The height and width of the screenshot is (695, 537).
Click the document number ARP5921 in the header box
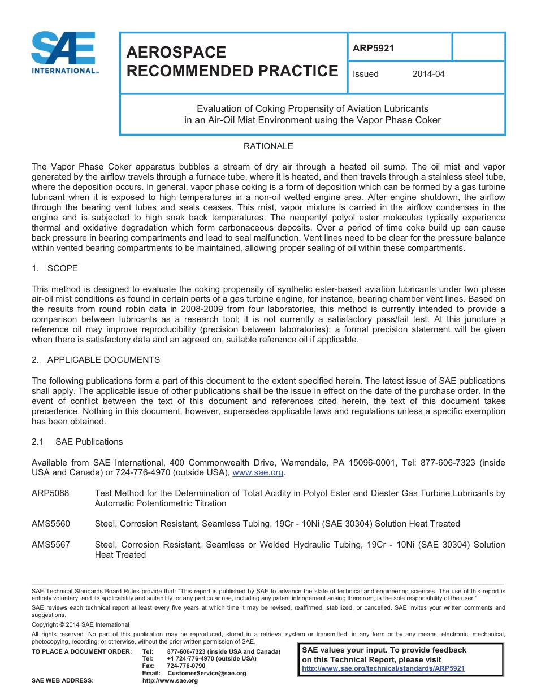click(373, 48)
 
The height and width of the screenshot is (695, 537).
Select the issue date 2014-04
click(428, 74)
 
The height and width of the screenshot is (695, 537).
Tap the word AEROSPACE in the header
click(176, 52)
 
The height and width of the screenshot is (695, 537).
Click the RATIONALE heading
click(268, 146)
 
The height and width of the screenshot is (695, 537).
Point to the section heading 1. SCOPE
click(55, 268)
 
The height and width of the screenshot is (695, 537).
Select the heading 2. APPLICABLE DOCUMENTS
click(96, 360)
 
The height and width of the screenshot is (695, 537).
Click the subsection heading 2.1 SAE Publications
click(77, 442)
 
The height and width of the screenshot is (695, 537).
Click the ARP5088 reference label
click(50, 493)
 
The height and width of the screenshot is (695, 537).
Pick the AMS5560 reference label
click(51, 524)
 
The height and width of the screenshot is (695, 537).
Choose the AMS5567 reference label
click(51, 545)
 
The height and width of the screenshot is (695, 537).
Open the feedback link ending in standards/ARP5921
click(383, 668)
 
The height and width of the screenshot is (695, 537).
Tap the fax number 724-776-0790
click(186, 666)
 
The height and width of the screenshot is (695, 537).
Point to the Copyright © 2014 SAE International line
click(80, 624)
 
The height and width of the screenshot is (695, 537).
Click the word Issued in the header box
click(365, 74)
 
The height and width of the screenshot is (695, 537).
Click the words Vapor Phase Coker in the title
click(404, 120)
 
